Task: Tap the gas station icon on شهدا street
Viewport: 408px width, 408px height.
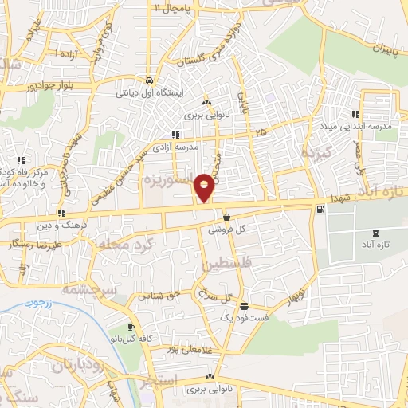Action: pyautogui.click(x=320, y=210)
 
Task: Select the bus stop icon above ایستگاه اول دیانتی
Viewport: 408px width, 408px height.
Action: pyautogui.click(x=149, y=80)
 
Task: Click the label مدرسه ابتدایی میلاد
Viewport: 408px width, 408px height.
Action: pyautogui.click(x=366, y=126)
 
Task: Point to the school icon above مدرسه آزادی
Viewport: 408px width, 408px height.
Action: pyautogui.click(x=177, y=134)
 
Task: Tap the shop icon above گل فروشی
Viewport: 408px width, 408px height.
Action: pyautogui.click(x=227, y=217)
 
